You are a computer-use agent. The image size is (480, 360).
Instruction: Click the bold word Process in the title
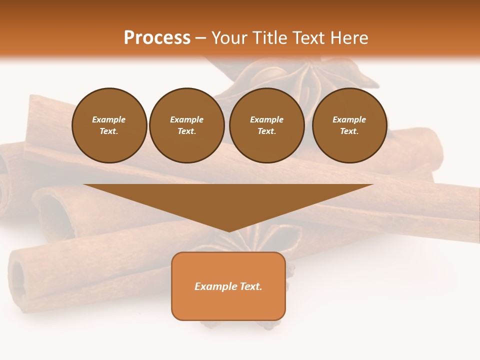[x=157, y=38]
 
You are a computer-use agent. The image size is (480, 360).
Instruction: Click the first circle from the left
[x=109, y=125]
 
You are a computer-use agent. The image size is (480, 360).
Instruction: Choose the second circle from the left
[x=187, y=125]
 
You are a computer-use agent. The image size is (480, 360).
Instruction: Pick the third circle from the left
[x=267, y=125]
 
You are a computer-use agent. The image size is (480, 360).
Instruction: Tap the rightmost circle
[x=349, y=125]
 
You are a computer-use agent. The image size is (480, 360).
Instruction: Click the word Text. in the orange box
[x=250, y=286]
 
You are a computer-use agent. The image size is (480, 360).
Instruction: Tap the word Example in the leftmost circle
[x=109, y=119]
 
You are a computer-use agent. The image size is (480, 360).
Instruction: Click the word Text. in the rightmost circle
[x=349, y=131]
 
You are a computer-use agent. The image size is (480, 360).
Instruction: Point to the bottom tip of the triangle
[x=228, y=231]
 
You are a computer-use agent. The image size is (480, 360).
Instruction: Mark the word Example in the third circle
[x=267, y=119]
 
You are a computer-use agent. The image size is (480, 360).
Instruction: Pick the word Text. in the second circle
[x=187, y=131]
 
